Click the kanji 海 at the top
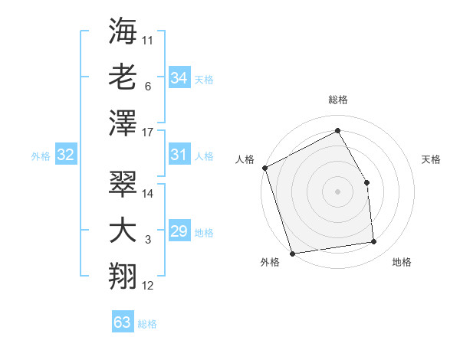[123, 33]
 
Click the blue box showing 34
[179, 77]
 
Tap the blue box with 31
[179, 155]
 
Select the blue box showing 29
[179, 231]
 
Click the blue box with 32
[65, 155]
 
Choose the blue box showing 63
[122, 322]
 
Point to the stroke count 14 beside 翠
[149, 193]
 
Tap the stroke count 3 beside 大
[148, 240]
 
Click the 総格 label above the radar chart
[337, 100]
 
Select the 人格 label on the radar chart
[245, 159]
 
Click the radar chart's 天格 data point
[366, 182]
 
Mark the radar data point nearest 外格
[292, 253]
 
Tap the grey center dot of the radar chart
[337, 191]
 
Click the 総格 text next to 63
[147, 324]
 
